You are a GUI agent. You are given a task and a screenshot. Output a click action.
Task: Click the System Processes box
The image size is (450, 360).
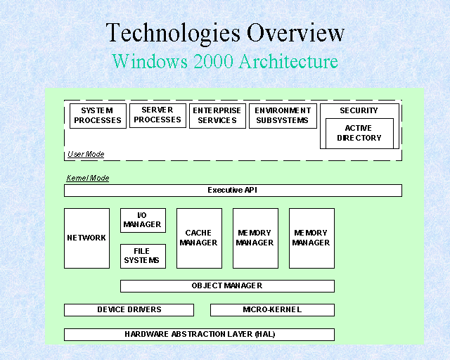(98, 116)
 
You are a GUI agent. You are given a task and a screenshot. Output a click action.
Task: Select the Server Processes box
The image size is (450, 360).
(157, 115)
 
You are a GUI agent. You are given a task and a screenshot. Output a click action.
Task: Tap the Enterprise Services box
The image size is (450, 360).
(217, 116)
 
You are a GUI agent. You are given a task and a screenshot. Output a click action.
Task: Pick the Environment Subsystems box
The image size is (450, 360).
(283, 116)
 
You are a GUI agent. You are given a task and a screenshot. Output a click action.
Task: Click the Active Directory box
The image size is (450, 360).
(359, 133)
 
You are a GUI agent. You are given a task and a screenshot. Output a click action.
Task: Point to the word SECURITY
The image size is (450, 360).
(359, 110)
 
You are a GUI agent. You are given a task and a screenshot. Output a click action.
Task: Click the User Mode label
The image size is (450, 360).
(86, 154)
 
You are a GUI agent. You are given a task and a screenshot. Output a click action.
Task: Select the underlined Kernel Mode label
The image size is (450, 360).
(87, 178)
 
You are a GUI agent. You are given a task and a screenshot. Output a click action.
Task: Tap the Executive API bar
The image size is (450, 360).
(233, 191)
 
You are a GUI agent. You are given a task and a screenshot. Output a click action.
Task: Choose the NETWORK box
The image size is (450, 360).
(86, 238)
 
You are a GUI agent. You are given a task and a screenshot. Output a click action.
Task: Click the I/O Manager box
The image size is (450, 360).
(143, 220)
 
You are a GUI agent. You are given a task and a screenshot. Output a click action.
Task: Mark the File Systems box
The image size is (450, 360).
(143, 256)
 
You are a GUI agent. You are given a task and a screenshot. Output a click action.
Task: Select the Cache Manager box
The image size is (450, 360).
(199, 238)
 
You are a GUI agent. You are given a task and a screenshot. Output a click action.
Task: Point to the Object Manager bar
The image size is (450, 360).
(227, 286)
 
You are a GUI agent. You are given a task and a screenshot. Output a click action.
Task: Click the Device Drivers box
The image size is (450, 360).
(129, 309)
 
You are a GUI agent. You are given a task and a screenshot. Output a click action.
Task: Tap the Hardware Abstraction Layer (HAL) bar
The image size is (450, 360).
(199, 334)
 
